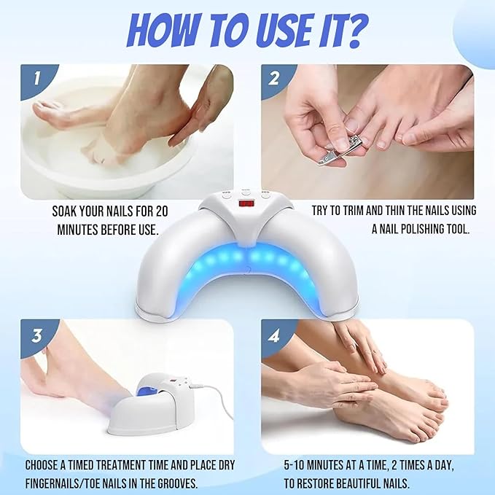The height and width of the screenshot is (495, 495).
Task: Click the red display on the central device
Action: click(248, 203)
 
